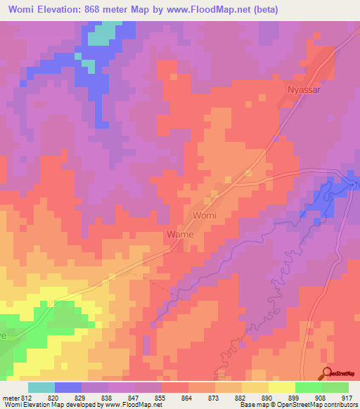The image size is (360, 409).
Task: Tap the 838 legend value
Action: tap(106, 397)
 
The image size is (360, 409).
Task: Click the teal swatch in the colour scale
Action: tap(41, 387)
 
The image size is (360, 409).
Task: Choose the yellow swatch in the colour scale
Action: tap(281, 387)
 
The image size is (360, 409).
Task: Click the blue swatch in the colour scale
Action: tap(67, 387)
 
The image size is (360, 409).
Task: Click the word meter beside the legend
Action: tap(11, 397)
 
